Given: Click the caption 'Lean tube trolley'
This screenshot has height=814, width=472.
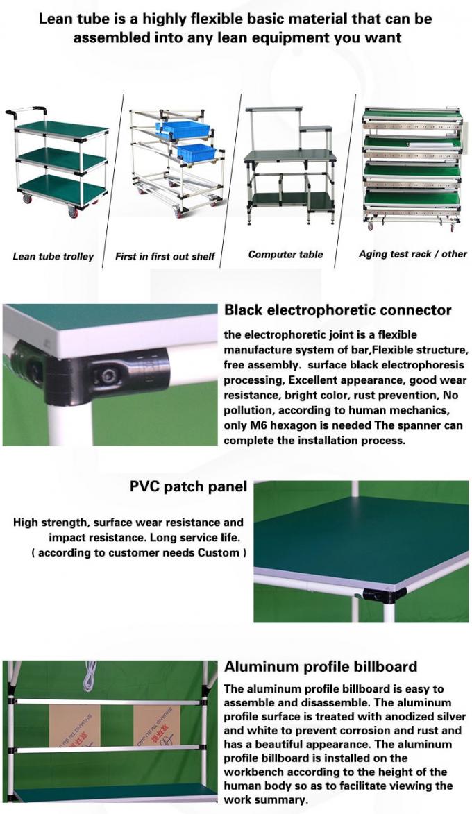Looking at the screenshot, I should (53, 256).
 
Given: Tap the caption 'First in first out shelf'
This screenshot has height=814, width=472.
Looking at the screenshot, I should (165, 256).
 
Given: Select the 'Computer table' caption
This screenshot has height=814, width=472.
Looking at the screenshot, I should (285, 254).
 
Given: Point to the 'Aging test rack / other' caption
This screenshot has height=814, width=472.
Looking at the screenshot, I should (412, 253).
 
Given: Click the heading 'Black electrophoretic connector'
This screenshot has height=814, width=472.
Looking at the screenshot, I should (337, 310).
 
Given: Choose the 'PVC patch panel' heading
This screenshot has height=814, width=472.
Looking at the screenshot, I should (188, 486).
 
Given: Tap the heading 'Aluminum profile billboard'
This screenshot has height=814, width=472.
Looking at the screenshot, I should (320, 667).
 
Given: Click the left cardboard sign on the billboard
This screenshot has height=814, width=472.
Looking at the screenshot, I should (74, 724).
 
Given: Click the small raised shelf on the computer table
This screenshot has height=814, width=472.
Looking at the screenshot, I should (316, 128).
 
